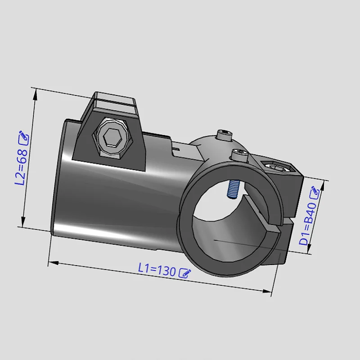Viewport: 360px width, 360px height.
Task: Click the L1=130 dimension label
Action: (157, 270)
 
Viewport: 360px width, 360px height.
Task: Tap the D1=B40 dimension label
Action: (307, 224)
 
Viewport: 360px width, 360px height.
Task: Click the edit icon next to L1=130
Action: (185, 273)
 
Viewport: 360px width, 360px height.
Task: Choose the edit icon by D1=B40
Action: (315, 193)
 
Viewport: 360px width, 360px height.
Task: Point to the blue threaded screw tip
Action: (234, 189)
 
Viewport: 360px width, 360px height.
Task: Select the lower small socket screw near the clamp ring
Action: (239, 154)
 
